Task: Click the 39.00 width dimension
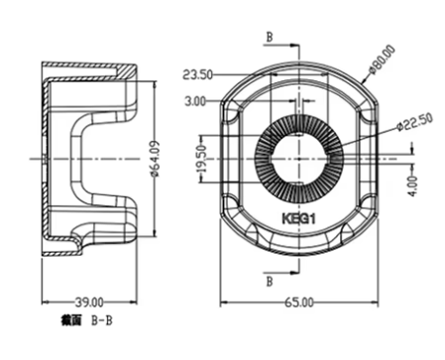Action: coord(89,302)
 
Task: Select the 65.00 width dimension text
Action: coord(299,302)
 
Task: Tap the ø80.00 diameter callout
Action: coord(383,60)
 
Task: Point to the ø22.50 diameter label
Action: coord(415,122)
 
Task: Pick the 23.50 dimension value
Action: coord(197,75)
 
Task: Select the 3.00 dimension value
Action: coord(195,101)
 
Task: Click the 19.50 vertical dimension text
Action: coord(201,159)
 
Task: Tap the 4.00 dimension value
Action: coord(413,186)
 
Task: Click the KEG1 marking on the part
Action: coord(298,218)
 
